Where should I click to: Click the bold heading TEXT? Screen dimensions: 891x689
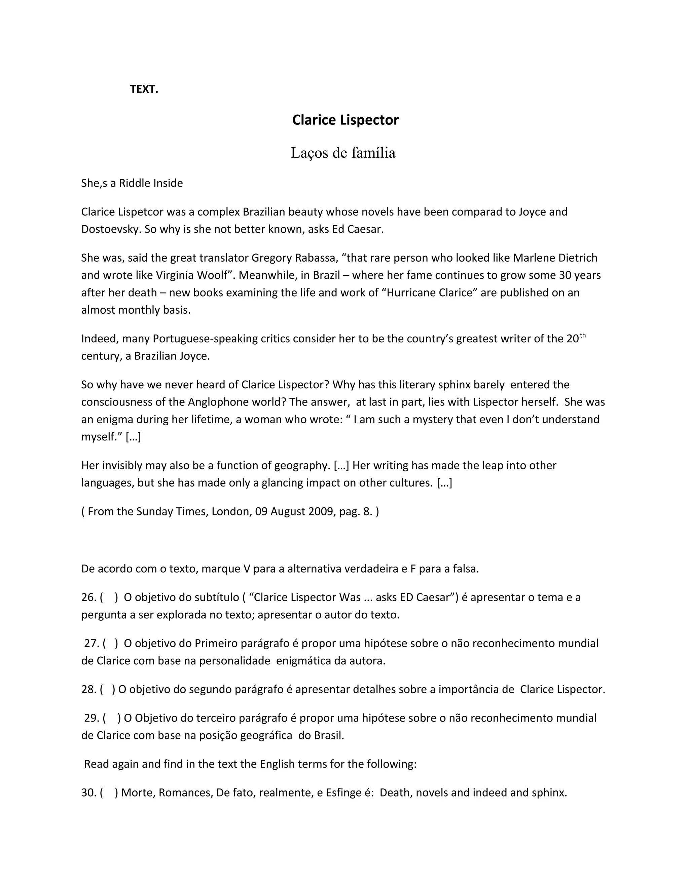(144, 89)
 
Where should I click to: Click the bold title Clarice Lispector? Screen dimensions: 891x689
(345, 120)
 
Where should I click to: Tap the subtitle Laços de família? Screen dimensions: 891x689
(343, 153)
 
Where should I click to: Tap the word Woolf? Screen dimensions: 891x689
(212, 275)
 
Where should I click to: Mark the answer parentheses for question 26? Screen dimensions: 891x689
(109, 597)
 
